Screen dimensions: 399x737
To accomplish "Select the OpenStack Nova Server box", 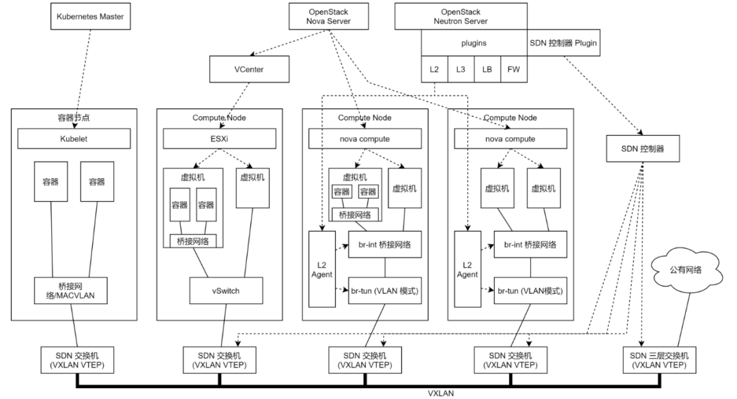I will click(330, 16).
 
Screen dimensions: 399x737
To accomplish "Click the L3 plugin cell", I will click(461, 69).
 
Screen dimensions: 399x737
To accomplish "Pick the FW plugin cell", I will click(513, 69).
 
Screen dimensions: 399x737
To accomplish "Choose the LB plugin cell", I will click(487, 69).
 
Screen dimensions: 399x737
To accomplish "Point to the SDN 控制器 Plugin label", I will click(564, 43).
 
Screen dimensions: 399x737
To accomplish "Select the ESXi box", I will click(219, 139).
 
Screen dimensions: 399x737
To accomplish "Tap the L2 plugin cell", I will click(434, 69).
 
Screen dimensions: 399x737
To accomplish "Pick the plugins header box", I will click(474, 43).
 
